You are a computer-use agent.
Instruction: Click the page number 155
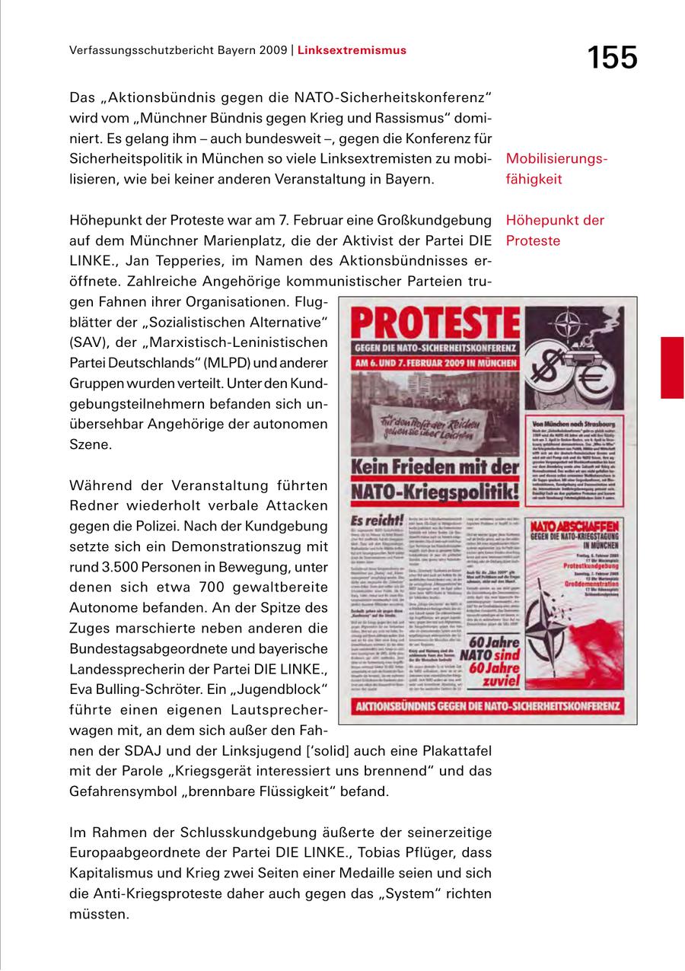point(611,57)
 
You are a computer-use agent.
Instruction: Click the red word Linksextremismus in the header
point(352,51)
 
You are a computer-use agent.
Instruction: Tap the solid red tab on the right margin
point(672,368)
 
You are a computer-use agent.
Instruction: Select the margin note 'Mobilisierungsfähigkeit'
point(556,170)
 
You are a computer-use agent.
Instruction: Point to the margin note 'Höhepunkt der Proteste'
point(554,231)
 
